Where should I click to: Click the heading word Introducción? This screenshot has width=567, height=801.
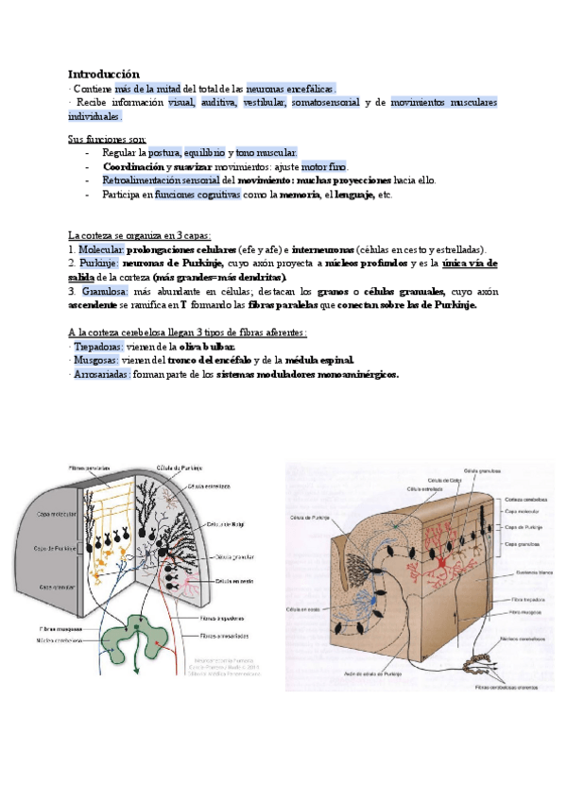[103, 74]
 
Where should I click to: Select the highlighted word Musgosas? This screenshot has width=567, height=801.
[94, 361]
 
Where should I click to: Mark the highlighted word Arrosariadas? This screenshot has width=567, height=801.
[102, 374]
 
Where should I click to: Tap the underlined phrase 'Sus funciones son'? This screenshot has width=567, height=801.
[107, 139]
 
